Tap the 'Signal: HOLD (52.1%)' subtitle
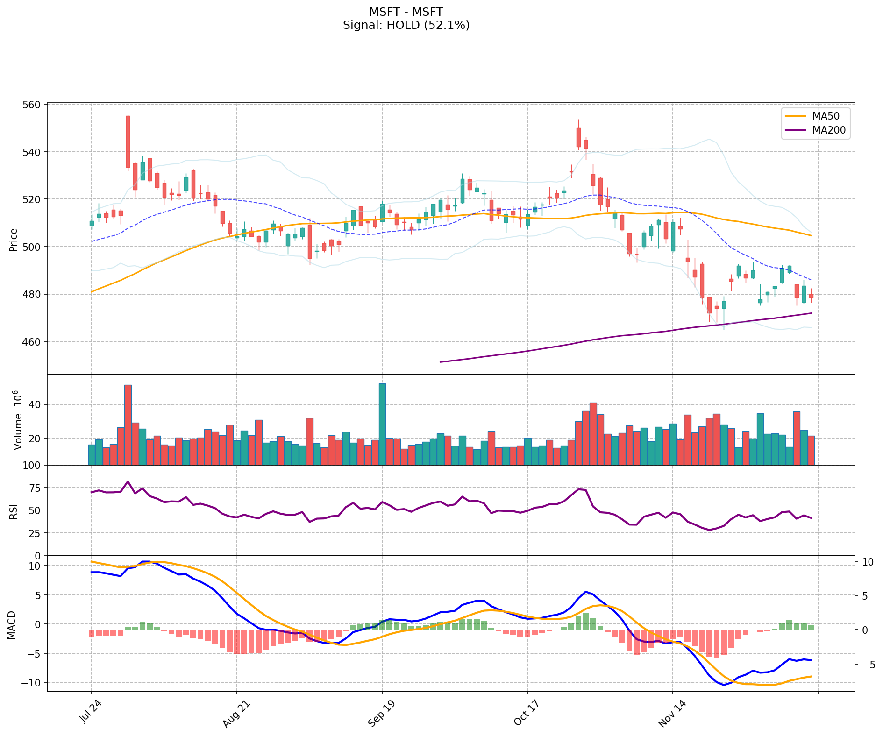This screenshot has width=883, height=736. click(406, 25)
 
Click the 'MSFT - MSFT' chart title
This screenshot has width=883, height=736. click(406, 12)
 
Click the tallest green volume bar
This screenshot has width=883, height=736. click(382, 424)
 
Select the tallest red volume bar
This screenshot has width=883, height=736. click(128, 425)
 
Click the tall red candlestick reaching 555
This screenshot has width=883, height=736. click(128, 142)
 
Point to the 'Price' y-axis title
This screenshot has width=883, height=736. click(14, 240)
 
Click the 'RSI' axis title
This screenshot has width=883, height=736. click(14, 510)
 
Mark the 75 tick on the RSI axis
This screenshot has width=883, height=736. click(35, 488)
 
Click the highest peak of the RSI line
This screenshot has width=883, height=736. click(128, 481)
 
